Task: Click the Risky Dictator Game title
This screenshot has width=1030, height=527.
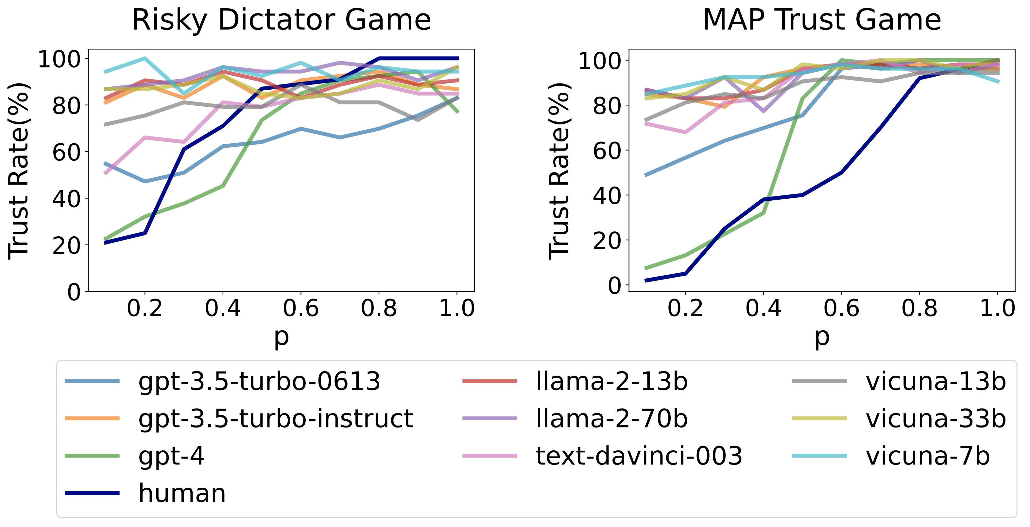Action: click(x=281, y=20)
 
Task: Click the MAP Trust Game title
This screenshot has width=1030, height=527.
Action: click(x=822, y=20)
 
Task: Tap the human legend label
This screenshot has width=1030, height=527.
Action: click(x=182, y=493)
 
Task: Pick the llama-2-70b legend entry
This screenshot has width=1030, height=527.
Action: click(x=611, y=419)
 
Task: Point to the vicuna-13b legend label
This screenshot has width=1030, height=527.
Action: click(x=936, y=381)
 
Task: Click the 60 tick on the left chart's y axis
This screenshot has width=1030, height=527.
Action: click(x=66, y=153)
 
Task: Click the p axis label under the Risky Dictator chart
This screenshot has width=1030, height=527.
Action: click(x=281, y=337)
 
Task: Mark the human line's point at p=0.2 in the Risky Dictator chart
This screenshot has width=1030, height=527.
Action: click(x=145, y=233)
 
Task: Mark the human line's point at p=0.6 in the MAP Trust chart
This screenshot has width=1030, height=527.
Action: click(x=842, y=173)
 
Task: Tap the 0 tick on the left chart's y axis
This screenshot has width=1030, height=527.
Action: click(x=74, y=292)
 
